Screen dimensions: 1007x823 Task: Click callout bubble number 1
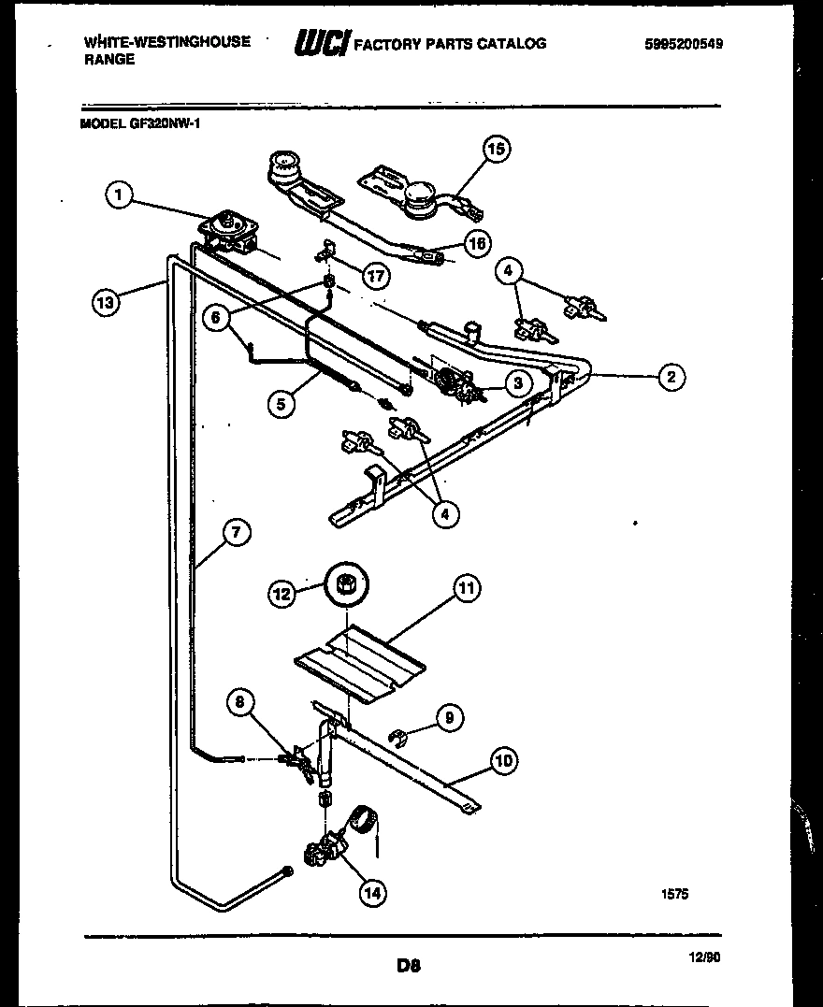click(x=117, y=195)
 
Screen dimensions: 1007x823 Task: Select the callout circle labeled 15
click(x=498, y=150)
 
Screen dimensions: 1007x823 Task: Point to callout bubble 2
click(x=670, y=377)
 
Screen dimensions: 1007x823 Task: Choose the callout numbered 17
click(x=376, y=276)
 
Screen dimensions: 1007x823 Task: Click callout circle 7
click(x=236, y=533)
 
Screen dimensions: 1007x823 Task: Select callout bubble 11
click(x=467, y=588)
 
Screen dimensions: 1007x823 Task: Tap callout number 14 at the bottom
click(x=372, y=893)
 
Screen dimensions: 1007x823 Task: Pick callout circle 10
click(x=503, y=761)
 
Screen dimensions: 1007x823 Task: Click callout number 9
click(x=449, y=718)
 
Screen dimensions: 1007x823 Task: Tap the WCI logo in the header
click(x=322, y=43)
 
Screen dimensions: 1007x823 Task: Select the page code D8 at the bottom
click(x=408, y=965)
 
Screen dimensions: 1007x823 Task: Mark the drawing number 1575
click(x=674, y=893)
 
